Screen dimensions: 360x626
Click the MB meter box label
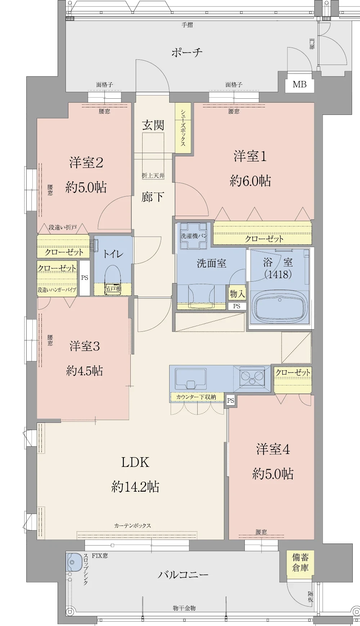pos(300,85)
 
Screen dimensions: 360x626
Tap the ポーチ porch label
pos(187,53)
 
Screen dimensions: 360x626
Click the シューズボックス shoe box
pos(183,128)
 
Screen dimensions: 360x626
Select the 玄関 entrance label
pos(153,125)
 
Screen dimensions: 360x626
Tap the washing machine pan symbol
pos(194,236)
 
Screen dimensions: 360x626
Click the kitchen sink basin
pos(190,379)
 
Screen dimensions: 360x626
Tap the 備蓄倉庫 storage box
pos(300,563)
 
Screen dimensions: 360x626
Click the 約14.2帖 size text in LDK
pos(135,487)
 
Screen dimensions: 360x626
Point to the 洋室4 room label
pos(273,449)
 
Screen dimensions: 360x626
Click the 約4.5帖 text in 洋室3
pos(85,371)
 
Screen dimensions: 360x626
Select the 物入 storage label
pos(237,294)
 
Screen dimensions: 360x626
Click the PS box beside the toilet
pos(85,278)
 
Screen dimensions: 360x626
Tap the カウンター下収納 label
pos(196,397)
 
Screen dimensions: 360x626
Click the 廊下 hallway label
pos(153,197)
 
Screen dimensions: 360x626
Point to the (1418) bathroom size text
pos(278,275)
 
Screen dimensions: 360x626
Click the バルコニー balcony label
pos(183,574)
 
